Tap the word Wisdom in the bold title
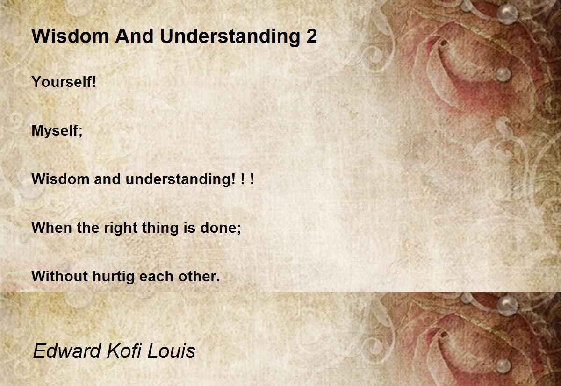coord(70,36)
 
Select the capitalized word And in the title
coord(134,36)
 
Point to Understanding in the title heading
coord(230,37)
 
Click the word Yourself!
coord(64,82)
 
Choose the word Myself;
coord(57,131)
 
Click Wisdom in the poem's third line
coord(60,179)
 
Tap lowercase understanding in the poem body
coord(180,180)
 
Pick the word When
coord(52,228)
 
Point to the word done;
coord(221,228)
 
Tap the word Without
coord(60,276)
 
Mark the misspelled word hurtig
coord(114,277)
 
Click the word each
coord(156,276)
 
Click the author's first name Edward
coord(67,351)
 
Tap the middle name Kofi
coord(124,351)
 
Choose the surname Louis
coord(172,351)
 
